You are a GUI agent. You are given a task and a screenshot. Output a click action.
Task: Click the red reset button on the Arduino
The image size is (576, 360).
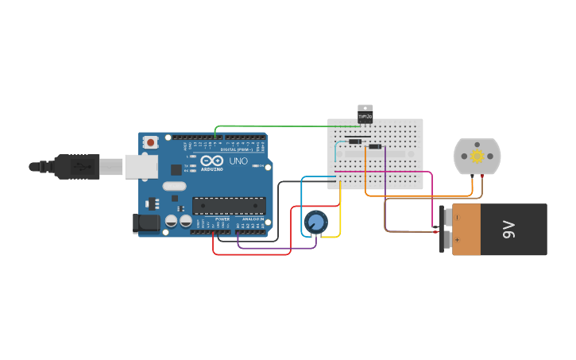pyautogui.click(x=150, y=142)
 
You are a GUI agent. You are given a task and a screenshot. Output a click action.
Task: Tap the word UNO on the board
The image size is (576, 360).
pyautogui.click(x=238, y=161)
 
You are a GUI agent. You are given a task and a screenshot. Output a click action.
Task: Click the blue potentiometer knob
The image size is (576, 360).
pyautogui.click(x=315, y=223)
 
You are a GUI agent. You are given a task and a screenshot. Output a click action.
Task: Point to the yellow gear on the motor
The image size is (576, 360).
pyautogui.click(x=477, y=157)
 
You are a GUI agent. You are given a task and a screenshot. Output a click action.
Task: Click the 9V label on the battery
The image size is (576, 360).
pyautogui.click(x=508, y=230)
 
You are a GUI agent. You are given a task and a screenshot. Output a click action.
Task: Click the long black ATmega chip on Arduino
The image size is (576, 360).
pyautogui.click(x=229, y=206)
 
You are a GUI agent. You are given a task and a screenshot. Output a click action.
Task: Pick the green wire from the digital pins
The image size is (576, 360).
pyautogui.click(x=278, y=126)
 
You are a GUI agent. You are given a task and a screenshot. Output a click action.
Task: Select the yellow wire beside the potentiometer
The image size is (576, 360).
pyautogui.click(x=340, y=215)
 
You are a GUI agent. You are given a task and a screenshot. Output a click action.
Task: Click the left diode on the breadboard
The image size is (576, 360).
pyautogui.click(x=354, y=142)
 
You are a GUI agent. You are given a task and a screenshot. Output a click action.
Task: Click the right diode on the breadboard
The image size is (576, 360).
pyautogui.click(x=374, y=146)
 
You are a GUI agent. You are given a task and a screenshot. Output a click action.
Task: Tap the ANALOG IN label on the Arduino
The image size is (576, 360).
pyautogui.click(x=253, y=219)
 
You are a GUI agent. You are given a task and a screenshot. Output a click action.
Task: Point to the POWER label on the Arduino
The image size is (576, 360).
pyautogui.click(x=222, y=219)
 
